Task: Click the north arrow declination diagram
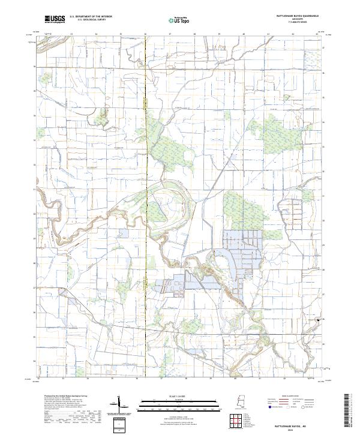119,404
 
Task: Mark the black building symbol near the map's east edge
318,320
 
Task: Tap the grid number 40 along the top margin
243,34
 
